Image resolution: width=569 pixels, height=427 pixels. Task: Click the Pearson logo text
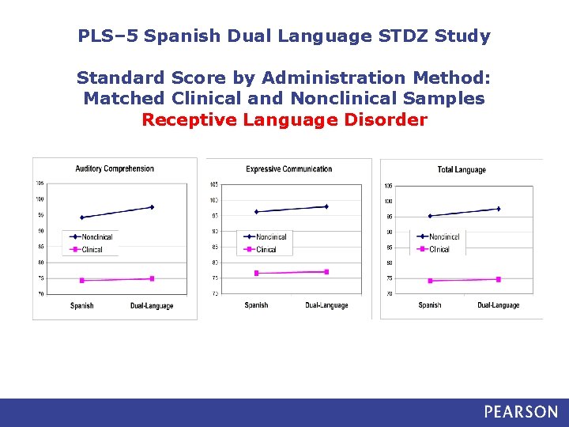click(521, 412)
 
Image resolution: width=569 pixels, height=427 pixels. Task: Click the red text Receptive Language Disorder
click(284, 120)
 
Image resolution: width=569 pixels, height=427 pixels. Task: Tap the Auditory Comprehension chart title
click(115, 168)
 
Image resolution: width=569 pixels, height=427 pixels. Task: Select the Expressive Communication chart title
click(289, 169)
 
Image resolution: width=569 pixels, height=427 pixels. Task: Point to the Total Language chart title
click(462, 170)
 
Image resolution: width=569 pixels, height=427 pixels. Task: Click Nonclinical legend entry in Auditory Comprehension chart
click(96, 237)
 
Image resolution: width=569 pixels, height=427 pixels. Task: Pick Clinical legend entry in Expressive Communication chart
click(266, 250)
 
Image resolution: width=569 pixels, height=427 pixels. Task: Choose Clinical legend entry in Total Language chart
click(439, 249)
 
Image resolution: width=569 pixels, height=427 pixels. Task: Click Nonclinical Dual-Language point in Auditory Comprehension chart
click(152, 207)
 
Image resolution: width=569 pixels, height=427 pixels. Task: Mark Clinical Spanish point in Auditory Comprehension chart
click(82, 281)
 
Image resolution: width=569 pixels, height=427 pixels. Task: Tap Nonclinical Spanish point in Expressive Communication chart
click(256, 212)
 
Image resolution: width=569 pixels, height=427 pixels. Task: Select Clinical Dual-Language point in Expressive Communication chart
click(326, 272)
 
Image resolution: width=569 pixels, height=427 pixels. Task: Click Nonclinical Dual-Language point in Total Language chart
click(499, 209)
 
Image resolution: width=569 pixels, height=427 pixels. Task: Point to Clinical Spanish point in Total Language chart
click(430, 281)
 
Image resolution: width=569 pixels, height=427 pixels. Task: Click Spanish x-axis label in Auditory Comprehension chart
click(82, 306)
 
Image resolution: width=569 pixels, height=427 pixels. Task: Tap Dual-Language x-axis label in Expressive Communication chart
click(326, 306)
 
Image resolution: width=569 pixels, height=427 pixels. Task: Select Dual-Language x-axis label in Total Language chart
click(499, 306)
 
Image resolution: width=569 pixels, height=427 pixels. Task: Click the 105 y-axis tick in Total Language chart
click(388, 186)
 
